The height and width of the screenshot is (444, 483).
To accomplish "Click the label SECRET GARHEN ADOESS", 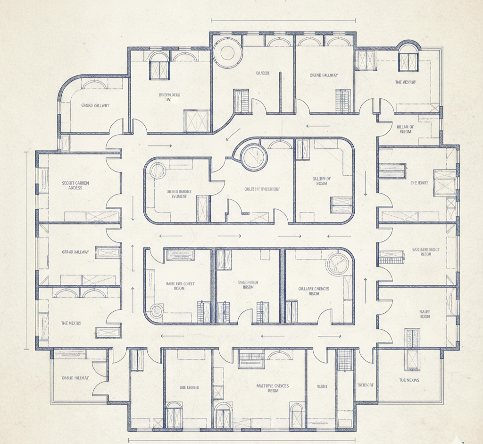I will [x=75, y=185].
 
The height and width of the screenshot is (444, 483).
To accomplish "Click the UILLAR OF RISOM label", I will [x=404, y=129].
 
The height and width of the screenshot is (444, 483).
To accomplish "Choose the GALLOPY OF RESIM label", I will [x=322, y=181].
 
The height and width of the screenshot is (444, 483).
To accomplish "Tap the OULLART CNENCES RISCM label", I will [x=314, y=291].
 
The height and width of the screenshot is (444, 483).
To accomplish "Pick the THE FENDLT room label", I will [x=419, y=183].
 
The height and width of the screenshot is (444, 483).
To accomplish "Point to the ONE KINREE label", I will [x=189, y=387].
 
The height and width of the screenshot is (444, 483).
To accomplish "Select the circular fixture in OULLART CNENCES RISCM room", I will [x=338, y=263].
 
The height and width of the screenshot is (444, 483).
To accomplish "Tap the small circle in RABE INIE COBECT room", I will [x=156, y=311].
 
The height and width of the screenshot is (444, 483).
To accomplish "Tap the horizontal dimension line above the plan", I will [x=283, y=20].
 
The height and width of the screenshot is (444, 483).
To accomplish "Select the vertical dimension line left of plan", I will [x=25, y=250].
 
